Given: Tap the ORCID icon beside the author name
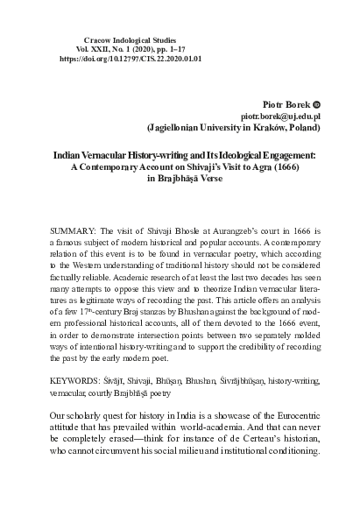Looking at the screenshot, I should [x=318, y=103].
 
